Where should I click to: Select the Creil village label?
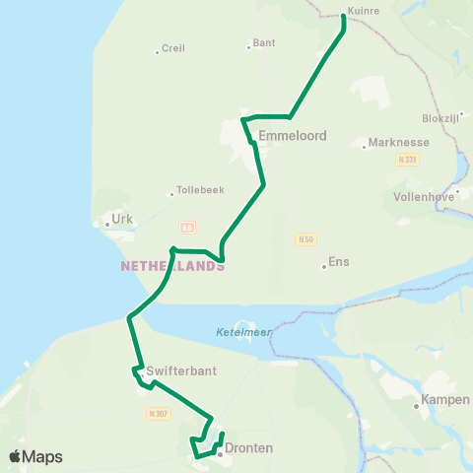(172, 47)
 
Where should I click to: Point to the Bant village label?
(264, 43)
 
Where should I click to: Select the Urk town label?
(122, 219)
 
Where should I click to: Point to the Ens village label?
(339, 261)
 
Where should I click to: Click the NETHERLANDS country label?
(172, 266)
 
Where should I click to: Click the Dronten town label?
(248, 448)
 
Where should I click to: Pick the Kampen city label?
(438, 399)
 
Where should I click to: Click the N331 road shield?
(404, 159)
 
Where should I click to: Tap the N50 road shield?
(305, 238)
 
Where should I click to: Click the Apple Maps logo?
(35, 456)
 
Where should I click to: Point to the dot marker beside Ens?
(324, 265)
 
